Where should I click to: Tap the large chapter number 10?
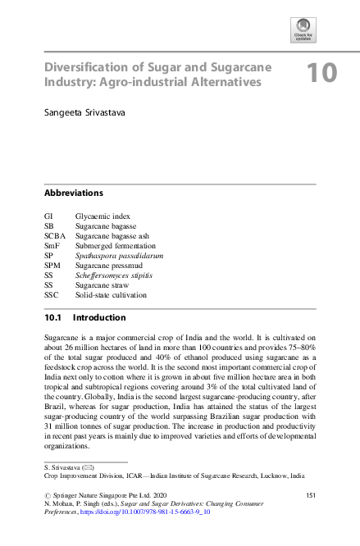click(321, 73)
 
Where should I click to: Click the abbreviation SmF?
click(53, 246)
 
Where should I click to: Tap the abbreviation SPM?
click(53, 266)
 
